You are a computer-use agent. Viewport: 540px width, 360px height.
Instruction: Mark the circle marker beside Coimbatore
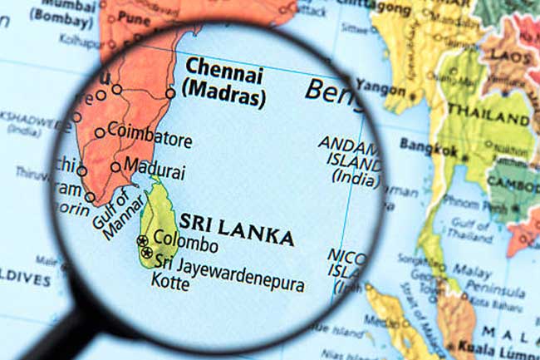(x=100, y=132)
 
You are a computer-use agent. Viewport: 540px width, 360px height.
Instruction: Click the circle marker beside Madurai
(x=115, y=166)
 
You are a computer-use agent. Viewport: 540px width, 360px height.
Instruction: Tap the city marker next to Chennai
(x=170, y=93)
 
